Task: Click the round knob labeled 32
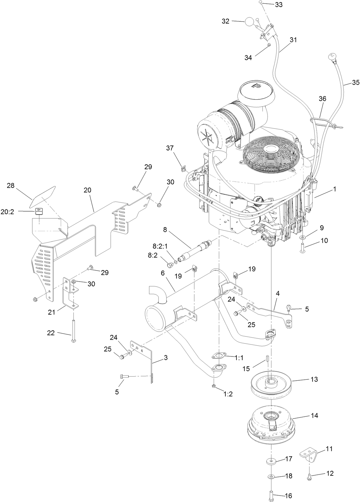coord(249,22)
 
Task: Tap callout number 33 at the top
coord(278,5)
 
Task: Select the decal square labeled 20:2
coord(38,211)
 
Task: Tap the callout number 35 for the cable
coord(355,82)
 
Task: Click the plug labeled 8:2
coord(171,264)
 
